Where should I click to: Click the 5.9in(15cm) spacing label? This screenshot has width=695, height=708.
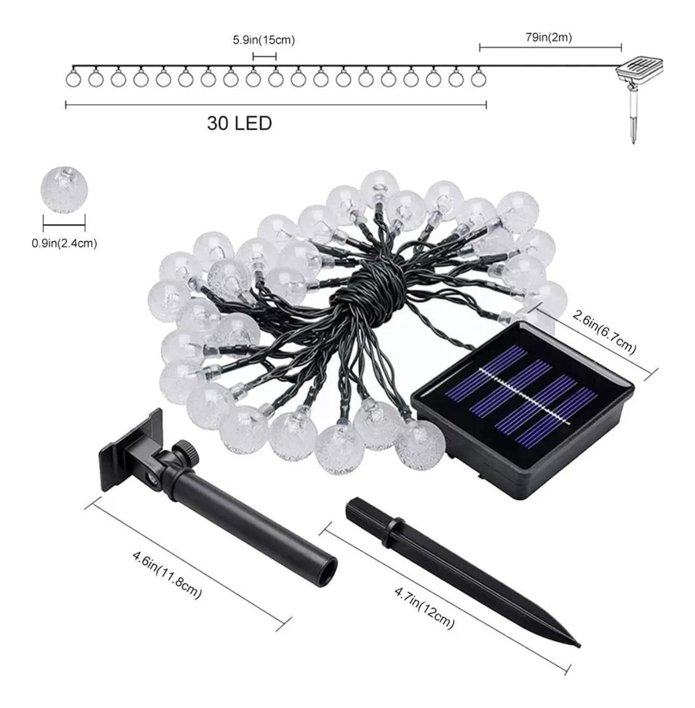pos(264,40)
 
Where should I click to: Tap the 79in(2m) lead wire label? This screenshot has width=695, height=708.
pos(549,37)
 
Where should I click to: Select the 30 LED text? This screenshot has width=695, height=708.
pos(239,123)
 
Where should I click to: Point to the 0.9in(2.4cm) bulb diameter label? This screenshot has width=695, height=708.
pos(64,244)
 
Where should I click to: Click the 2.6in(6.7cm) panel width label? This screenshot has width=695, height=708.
pos(604,331)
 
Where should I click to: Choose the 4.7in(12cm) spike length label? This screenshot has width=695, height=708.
pos(424,607)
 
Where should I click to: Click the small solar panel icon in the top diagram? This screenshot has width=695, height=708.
pos(640,70)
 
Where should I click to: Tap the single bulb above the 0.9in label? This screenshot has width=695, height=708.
pos(64,189)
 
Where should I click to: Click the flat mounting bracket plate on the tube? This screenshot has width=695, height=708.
pos(130,451)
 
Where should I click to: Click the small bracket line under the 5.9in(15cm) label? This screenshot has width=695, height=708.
pos(265,57)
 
